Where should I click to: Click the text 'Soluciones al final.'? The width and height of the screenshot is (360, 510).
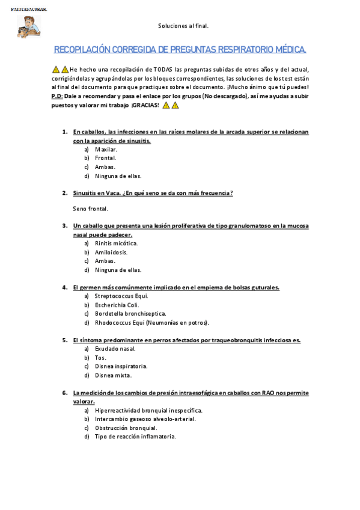[x=183, y=26]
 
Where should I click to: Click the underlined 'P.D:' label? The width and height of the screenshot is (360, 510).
[x=57, y=96]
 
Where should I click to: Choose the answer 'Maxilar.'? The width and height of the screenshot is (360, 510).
[x=106, y=149]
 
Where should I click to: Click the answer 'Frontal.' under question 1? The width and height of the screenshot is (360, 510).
[x=106, y=158]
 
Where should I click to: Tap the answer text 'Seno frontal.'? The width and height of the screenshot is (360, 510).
[x=90, y=209]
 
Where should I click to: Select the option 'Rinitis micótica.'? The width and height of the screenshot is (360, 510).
[x=117, y=243]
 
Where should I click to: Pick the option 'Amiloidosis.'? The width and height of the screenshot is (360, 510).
[x=111, y=252]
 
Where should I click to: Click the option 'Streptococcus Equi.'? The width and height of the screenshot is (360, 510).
[x=121, y=296]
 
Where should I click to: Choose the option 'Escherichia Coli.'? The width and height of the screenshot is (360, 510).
[x=117, y=305]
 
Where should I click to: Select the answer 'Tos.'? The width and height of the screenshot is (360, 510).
[x=100, y=357]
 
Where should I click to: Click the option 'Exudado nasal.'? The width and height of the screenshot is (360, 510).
[x=115, y=348]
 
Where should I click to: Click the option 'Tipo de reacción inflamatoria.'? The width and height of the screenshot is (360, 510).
[x=135, y=437]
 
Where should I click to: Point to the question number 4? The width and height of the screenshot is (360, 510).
[x=64, y=287]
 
